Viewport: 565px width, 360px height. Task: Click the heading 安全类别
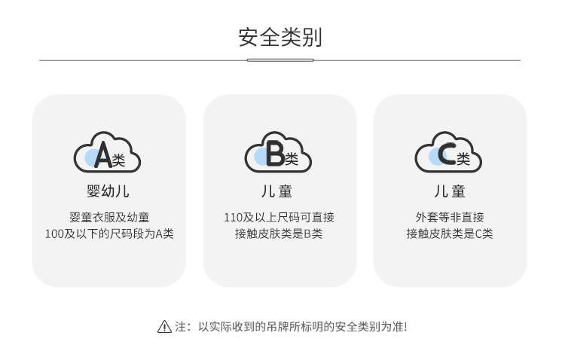click(x=279, y=37)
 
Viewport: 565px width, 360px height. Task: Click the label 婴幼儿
click(x=108, y=191)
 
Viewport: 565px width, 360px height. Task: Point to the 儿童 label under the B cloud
click(x=279, y=191)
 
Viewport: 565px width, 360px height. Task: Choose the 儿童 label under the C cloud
click(x=449, y=191)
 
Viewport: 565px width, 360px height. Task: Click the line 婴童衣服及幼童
click(x=109, y=217)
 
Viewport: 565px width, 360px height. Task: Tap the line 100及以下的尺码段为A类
click(x=109, y=233)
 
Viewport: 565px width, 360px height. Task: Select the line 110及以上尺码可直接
click(x=279, y=217)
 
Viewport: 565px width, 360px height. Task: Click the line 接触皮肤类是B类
click(x=279, y=233)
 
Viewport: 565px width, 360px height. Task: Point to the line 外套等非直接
click(x=450, y=217)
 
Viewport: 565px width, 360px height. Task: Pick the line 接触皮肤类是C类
click(x=450, y=233)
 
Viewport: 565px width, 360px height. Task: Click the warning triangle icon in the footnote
click(x=164, y=327)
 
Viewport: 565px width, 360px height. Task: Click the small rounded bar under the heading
click(x=279, y=60)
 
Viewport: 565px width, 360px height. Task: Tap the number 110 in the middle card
click(x=233, y=217)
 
